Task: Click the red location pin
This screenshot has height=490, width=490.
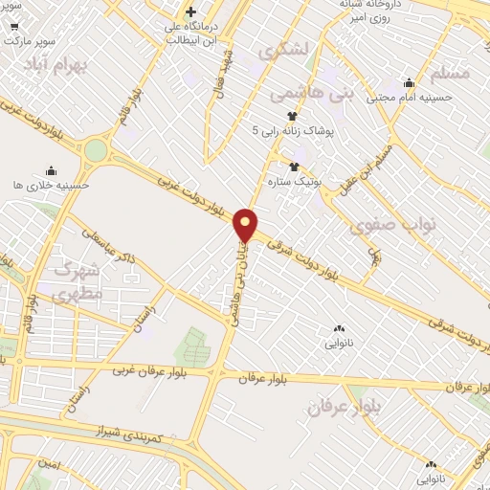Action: click(246, 225)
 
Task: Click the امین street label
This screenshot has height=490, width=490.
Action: click(49, 464)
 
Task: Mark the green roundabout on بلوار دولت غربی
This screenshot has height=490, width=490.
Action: click(96, 151)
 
